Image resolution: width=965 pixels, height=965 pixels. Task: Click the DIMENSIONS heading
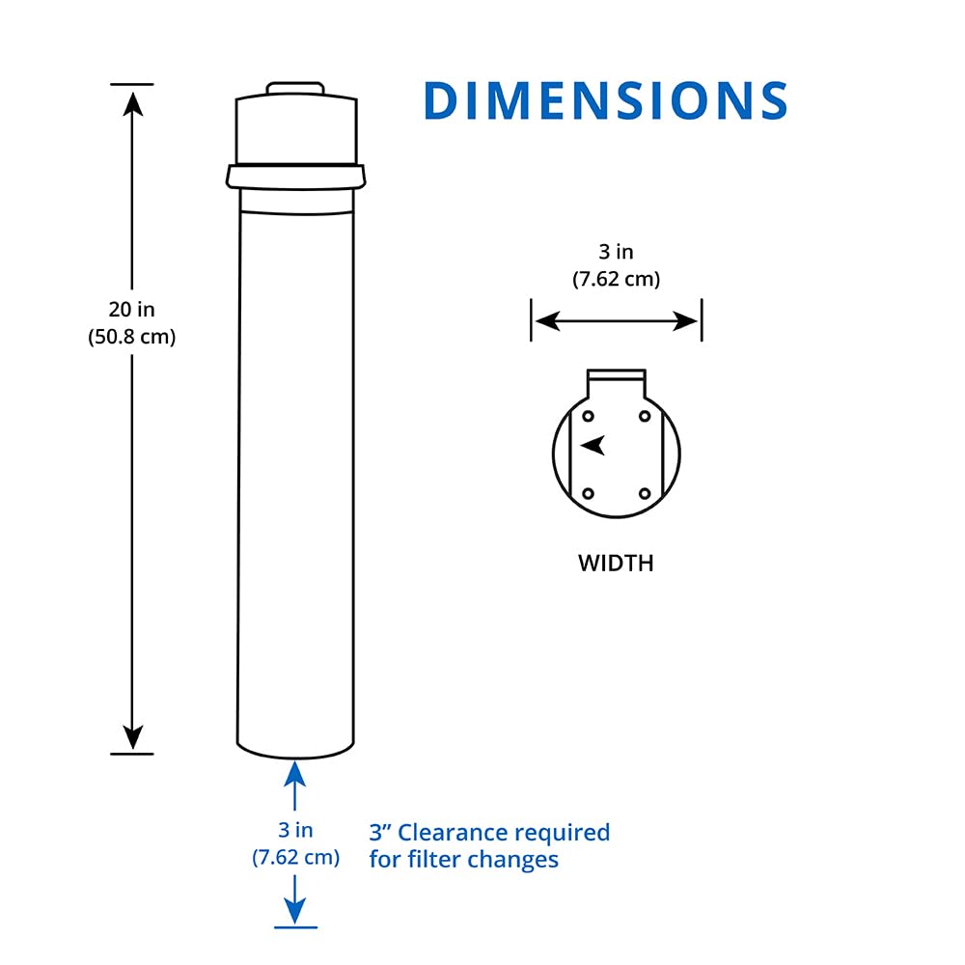[x=606, y=100]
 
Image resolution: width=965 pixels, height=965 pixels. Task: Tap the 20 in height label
[x=131, y=310]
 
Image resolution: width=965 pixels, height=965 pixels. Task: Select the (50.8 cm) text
[x=131, y=338]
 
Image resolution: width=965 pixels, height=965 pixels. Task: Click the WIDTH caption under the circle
[x=616, y=563]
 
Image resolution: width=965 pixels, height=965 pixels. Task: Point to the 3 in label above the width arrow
[x=616, y=252]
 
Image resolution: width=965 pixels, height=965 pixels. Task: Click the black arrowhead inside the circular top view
[x=593, y=445]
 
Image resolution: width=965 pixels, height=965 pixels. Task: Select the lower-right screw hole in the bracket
[x=645, y=493]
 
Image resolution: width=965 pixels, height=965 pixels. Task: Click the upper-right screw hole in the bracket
[x=645, y=416]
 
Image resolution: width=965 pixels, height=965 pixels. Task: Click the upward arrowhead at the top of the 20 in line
[x=132, y=101]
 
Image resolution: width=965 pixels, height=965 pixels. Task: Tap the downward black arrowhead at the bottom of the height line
[x=132, y=737]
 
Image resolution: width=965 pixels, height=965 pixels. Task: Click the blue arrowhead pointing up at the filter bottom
[x=295, y=773]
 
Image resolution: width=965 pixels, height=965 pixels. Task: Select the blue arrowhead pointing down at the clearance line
[x=295, y=910]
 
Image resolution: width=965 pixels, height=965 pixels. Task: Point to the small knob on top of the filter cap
[x=295, y=89]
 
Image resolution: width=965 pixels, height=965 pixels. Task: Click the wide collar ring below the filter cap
[x=296, y=176]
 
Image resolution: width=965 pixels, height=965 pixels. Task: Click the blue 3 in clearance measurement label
[x=295, y=830]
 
